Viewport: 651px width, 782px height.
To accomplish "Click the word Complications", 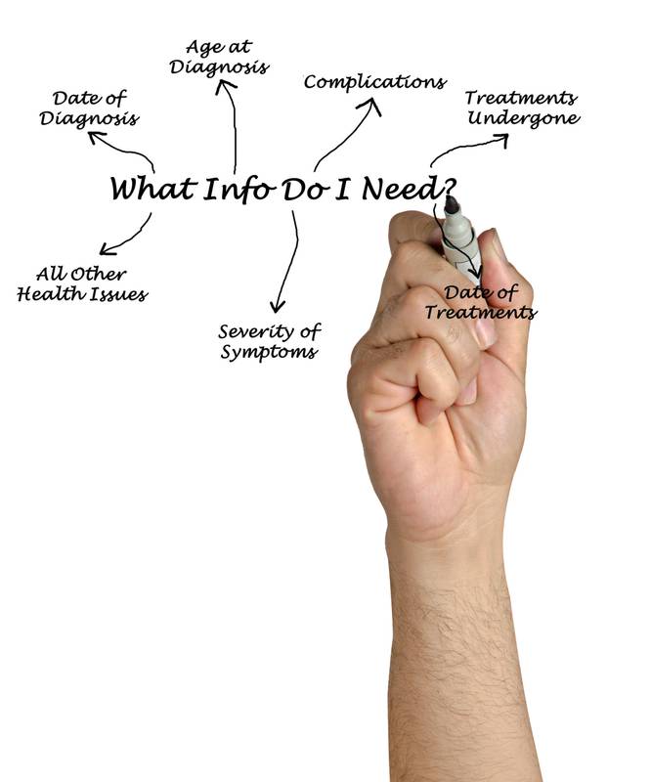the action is (x=375, y=82).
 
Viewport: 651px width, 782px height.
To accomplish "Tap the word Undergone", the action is (x=524, y=119).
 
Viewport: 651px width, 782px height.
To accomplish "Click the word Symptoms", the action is (x=269, y=353).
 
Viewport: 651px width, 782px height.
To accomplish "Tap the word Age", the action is (x=198, y=47).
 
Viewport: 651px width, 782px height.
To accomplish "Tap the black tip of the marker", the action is (x=452, y=204).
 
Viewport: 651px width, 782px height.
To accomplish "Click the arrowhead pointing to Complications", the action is (x=370, y=106).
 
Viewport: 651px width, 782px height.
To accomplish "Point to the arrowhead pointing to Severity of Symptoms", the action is (x=278, y=305).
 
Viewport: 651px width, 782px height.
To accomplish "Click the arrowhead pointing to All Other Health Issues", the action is (x=108, y=248).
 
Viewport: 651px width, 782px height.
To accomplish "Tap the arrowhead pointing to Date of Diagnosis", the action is (x=96, y=137).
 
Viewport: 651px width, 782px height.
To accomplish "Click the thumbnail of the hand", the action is (x=486, y=329).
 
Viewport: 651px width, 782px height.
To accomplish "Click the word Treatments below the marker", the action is (x=480, y=313).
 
